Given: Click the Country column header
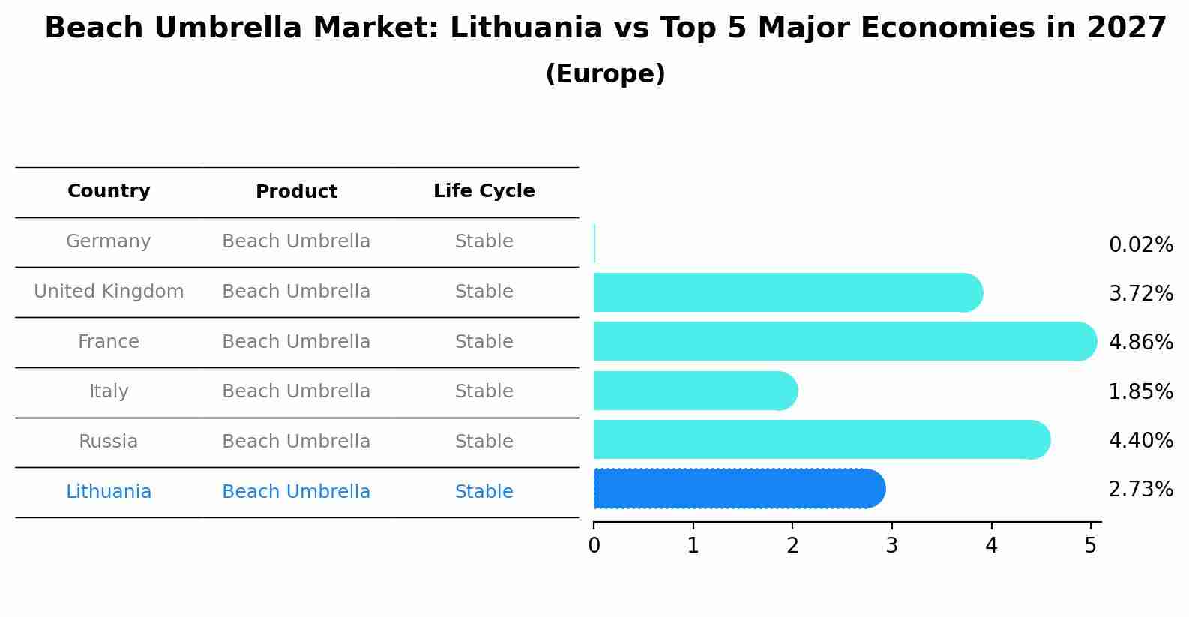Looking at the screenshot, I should (x=109, y=191).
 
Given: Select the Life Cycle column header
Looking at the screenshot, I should (x=484, y=191).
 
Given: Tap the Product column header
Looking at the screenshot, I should (x=296, y=192).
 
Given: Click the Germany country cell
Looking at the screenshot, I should (x=109, y=241).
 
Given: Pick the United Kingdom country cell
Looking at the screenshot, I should (x=109, y=292).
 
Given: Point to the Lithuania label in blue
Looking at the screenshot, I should (x=109, y=492).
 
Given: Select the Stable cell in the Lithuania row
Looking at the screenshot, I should (x=484, y=492).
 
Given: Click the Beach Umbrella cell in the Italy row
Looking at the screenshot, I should (x=296, y=391).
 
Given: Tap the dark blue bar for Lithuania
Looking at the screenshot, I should (x=738, y=489).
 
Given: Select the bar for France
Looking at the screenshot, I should (x=843, y=342).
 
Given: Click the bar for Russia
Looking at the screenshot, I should (x=821, y=440).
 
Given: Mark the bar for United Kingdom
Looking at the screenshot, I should (x=787, y=293).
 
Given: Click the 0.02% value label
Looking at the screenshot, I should (x=1140, y=245).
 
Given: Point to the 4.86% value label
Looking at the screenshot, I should (x=1140, y=343).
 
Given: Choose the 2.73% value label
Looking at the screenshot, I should (x=1140, y=490).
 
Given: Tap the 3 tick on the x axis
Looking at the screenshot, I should (x=891, y=546).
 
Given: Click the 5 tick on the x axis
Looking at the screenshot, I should (x=1090, y=546).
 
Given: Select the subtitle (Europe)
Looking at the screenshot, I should (x=605, y=74).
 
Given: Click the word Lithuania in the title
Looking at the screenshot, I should (x=526, y=28).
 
